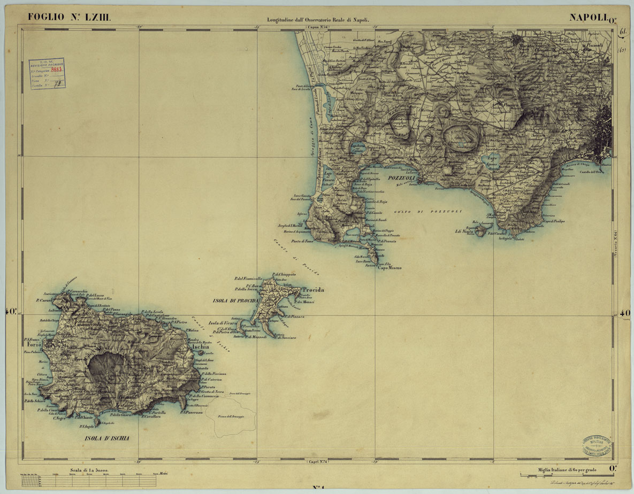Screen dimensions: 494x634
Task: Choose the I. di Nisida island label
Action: point(464,231)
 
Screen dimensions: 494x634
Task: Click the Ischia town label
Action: point(200,346)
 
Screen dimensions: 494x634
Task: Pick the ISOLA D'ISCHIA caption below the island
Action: point(106,438)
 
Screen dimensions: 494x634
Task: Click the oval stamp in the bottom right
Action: point(593,444)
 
